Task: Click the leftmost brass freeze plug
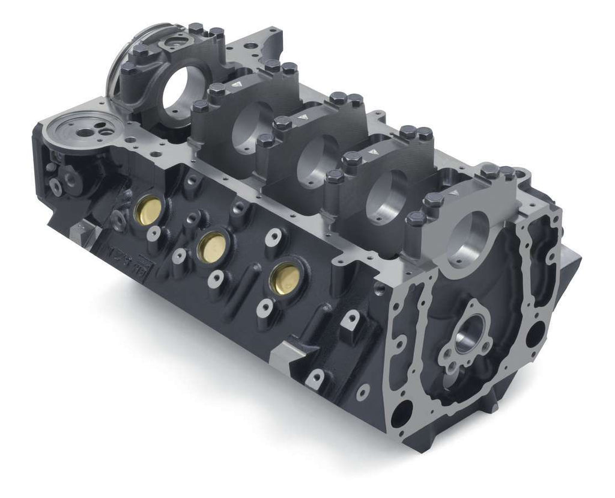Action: click(x=147, y=208)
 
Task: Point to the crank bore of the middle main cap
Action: click(x=318, y=152)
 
